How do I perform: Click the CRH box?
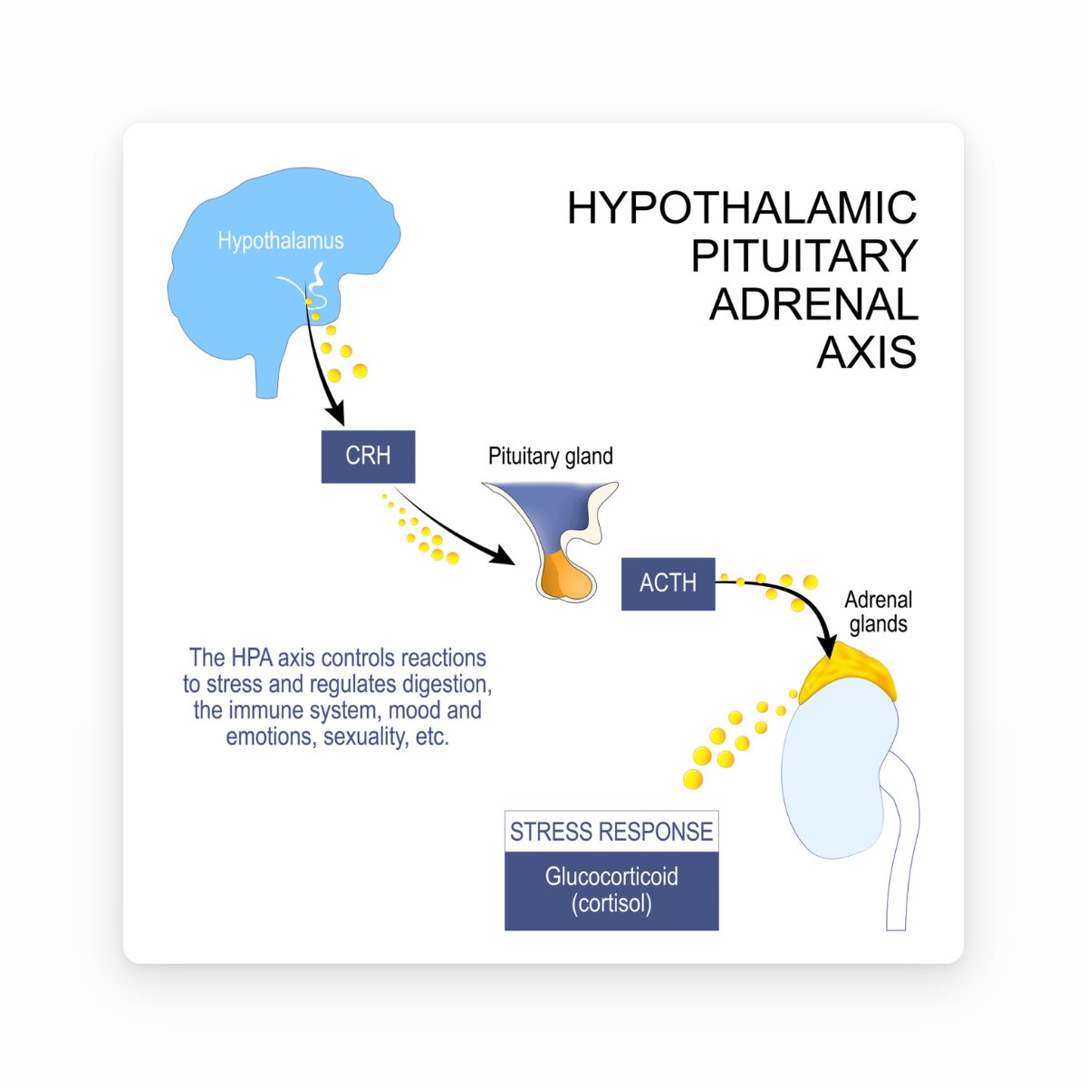(368, 457)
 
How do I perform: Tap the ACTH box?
(668, 583)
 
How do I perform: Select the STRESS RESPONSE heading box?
(611, 832)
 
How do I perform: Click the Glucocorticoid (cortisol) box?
(611, 890)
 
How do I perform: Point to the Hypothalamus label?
(281, 241)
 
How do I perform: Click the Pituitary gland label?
(550, 457)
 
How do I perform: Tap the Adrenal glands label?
(878, 611)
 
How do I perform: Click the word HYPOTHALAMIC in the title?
(742, 208)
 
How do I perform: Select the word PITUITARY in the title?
(804, 256)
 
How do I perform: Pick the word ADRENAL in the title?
(813, 304)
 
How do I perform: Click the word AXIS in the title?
(867, 352)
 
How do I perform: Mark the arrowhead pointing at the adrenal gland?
(826, 646)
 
